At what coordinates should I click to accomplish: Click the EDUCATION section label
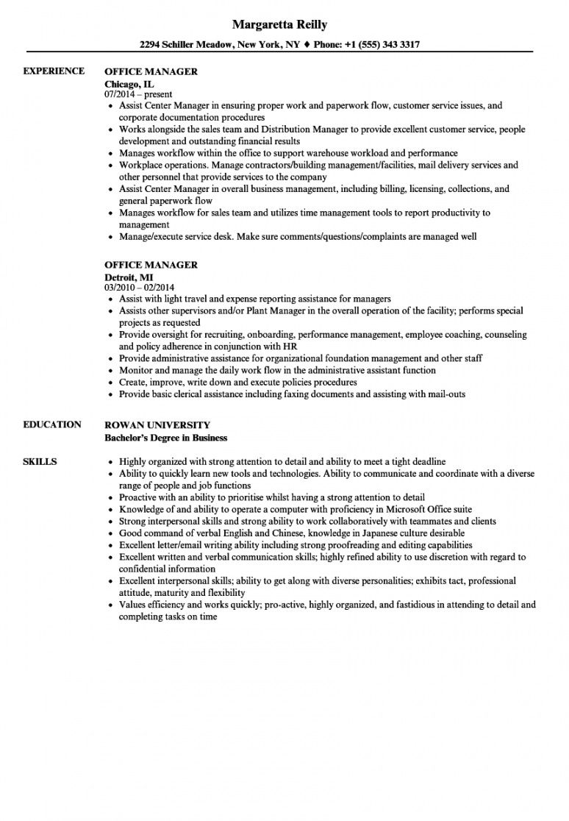(52, 424)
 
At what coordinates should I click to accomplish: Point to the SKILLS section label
(40, 461)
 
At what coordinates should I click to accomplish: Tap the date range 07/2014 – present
(139, 95)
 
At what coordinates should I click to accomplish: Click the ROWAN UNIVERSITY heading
(157, 425)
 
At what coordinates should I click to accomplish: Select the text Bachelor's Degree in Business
(166, 438)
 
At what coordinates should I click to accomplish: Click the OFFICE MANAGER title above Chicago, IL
(151, 72)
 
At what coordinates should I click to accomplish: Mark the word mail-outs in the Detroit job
(445, 394)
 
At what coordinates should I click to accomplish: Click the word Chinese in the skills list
(284, 533)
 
